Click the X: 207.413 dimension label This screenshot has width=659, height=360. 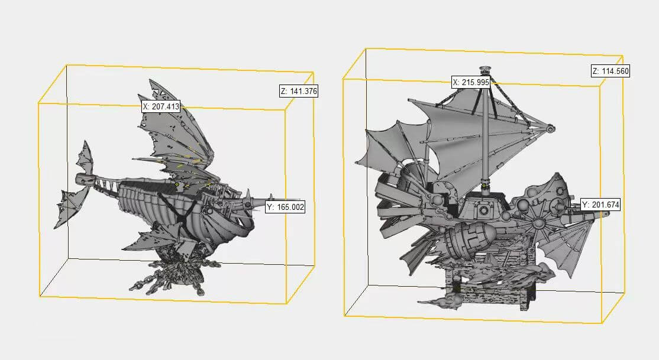point(161,106)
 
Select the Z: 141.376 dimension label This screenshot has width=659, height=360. point(299,91)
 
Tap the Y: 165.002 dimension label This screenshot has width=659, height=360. point(285,207)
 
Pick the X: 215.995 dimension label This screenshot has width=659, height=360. point(471,82)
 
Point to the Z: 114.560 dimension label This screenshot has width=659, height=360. point(610,71)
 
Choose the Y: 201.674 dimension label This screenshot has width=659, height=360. point(600,205)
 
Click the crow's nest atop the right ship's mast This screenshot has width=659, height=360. point(486,69)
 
